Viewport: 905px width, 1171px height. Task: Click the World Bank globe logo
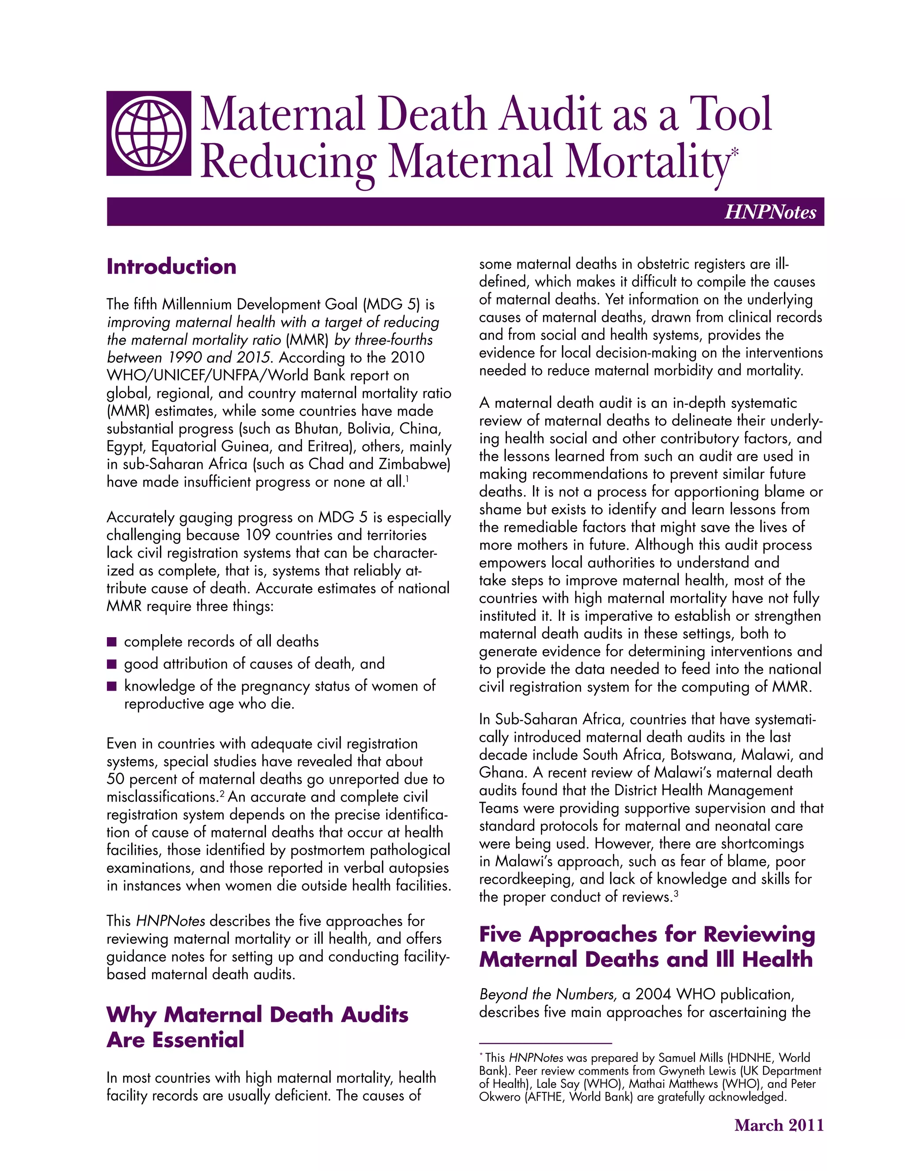[x=148, y=133]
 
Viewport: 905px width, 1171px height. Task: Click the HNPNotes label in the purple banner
[x=770, y=212]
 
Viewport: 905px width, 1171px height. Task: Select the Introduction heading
[x=171, y=266]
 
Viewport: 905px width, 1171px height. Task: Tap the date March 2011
[x=779, y=1125]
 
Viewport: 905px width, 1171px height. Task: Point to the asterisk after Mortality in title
[x=734, y=153]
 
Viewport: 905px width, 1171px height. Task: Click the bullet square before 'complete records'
[x=111, y=642]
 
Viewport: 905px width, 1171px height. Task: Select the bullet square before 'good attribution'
[x=111, y=664]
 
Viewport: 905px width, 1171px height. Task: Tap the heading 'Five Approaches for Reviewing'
[x=646, y=934]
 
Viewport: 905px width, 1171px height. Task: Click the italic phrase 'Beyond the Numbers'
[x=548, y=995]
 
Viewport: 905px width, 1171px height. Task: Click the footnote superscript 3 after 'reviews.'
[x=677, y=894]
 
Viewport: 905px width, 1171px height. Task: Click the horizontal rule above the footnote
[x=545, y=1043]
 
